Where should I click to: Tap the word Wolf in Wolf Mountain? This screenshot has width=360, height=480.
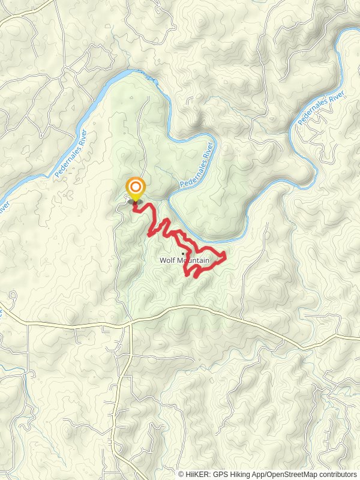[x=166, y=260]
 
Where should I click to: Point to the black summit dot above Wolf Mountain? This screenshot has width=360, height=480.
[x=183, y=254]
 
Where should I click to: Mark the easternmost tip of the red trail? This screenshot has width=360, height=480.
[x=225, y=257]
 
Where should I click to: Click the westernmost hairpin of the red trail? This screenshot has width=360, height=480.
[x=148, y=235]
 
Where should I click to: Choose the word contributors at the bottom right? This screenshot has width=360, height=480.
[x=337, y=474]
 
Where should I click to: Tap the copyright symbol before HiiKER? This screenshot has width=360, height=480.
[x=182, y=474]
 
